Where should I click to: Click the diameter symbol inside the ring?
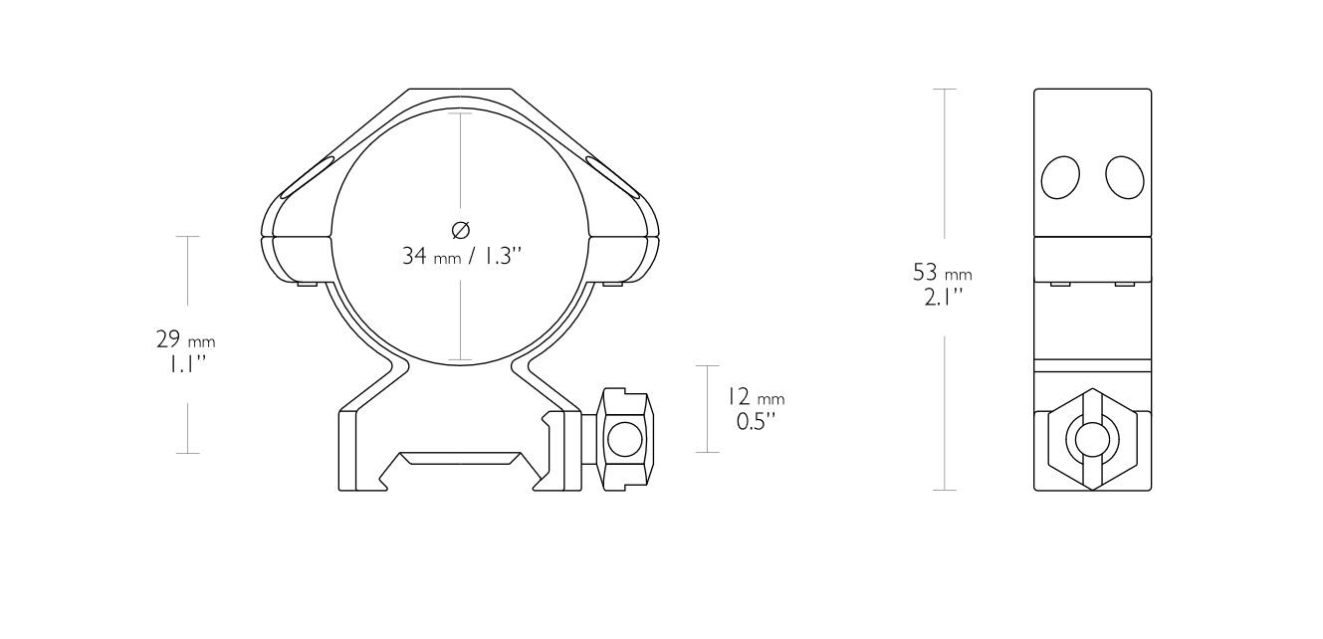pyautogui.click(x=461, y=230)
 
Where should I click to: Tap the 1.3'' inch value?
pyautogui.click(x=501, y=256)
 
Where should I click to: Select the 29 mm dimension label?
pyautogui.click(x=185, y=339)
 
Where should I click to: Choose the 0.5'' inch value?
pyautogui.click(x=757, y=421)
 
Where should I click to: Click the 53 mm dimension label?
pyautogui.click(x=942, y=272)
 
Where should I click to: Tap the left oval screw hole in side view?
pyautogui.click(x=1060, y=178)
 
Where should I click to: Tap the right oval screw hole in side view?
pyautogui.click(x=1125, y=177)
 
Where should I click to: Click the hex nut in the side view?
pyautogui.click(x=1092, y=439)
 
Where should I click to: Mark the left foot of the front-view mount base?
pyautogui.click(x=348, y=453)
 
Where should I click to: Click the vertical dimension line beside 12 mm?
pyautogui.click(x=707, y=409)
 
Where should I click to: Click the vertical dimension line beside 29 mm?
pyautogui.click(x=188, y=344)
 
